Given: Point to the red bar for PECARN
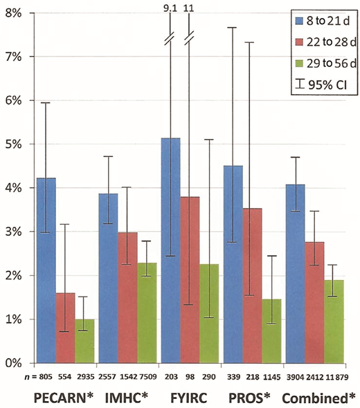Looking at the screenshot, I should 64,328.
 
